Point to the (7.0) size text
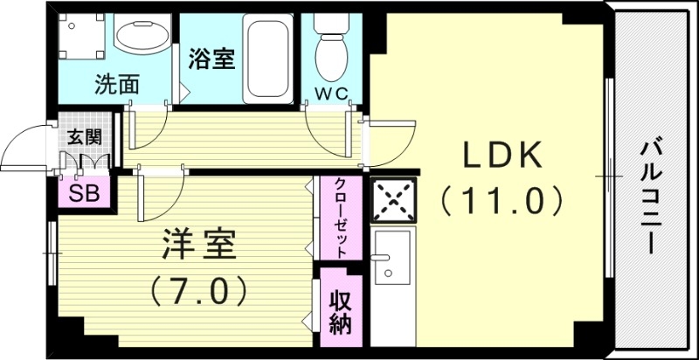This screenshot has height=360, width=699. tap(198, 287)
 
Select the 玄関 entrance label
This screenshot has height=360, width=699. tap(86, 136)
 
